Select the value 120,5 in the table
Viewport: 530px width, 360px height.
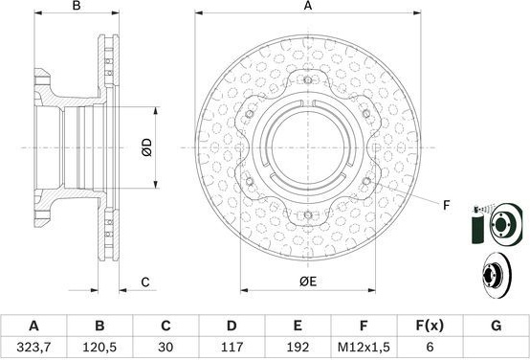coord(99,347)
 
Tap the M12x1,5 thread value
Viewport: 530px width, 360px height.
coord(364,347)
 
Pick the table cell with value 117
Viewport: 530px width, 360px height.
coord(232,347)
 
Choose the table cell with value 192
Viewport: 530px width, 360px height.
coord(298,347)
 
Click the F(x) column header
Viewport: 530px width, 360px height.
coord(430,326)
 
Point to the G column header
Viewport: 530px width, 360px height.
coord(496,326)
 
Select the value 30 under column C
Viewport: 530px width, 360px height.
coord(166,347)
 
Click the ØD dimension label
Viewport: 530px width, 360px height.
coord(147,147)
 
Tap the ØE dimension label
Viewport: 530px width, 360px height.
coord(308,281)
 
